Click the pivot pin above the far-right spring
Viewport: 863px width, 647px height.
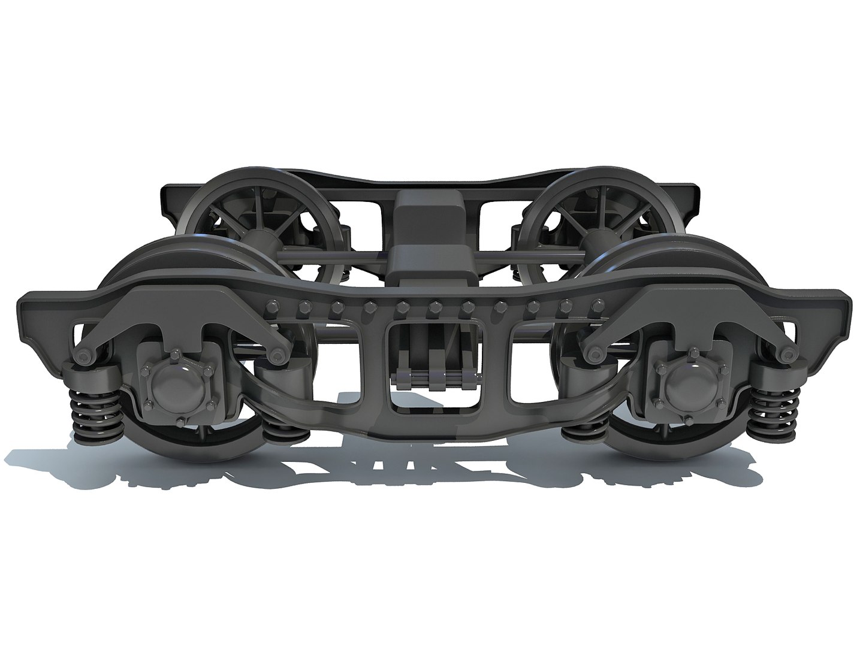tap(784, 355)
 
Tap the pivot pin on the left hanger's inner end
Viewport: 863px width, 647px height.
tap(277, 356)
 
